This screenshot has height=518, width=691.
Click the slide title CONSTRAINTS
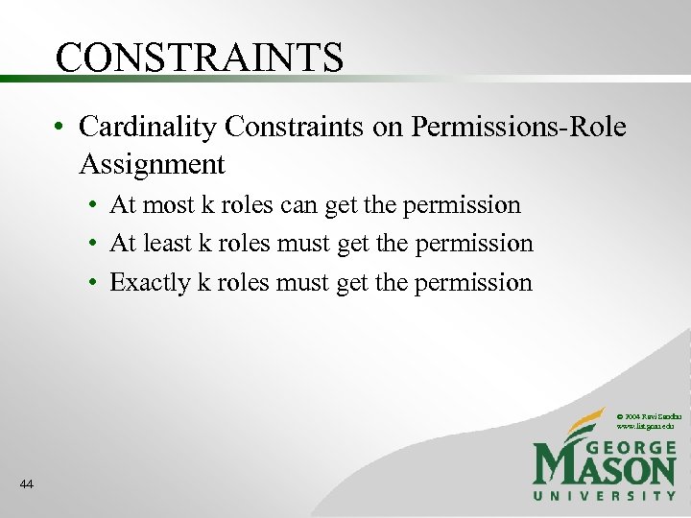tap(199, 57)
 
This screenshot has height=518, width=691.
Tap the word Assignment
tap(152, 165)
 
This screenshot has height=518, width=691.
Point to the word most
tap(165, 205)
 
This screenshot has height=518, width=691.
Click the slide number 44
tap(26, 485)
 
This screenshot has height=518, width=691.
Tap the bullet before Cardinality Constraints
tap(60, 127)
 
